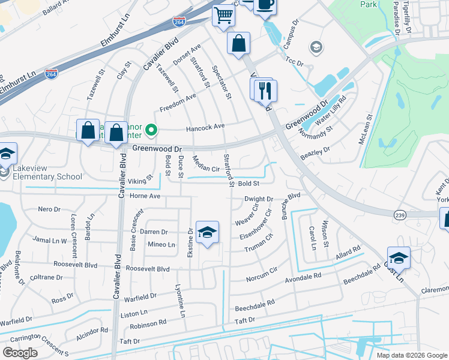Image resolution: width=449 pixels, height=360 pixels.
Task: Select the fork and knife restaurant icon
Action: pyautogui.click(x=265, y=91)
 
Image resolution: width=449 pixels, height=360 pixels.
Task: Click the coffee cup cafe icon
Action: pyautogui.click(x=265, y=4)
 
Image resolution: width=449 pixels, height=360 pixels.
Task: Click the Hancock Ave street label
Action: pyautogui.click(x=205, y=126)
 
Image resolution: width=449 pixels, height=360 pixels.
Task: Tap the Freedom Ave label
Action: pyautogui.click(x=178, y=104)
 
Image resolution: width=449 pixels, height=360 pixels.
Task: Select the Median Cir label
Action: pyautogui.click(x=205, y=163)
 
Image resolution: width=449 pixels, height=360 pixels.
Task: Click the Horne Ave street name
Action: pyautogui.click(x=145, y=196)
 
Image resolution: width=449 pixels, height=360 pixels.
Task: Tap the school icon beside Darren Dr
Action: pyautogui.click(x=207, y=233)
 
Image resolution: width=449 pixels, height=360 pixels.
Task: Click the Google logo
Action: pyautogui.click(x=20, y=353)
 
